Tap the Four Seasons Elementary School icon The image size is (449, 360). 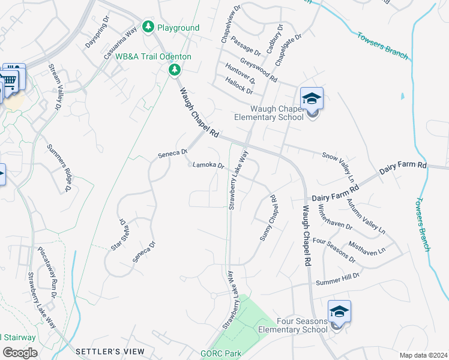click(x=339, y=312)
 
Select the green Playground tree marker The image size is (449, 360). click(x=148, y=27)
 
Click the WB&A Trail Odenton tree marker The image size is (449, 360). click(x=175, y=71)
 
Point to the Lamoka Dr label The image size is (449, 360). click(x=208, y=166)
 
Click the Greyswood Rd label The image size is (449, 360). click(x=259, y=71)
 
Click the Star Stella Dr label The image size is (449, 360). click(x=119, y=234)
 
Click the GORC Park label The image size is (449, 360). click(x=220, y=353)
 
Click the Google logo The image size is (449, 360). click(x=19, y=353)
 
